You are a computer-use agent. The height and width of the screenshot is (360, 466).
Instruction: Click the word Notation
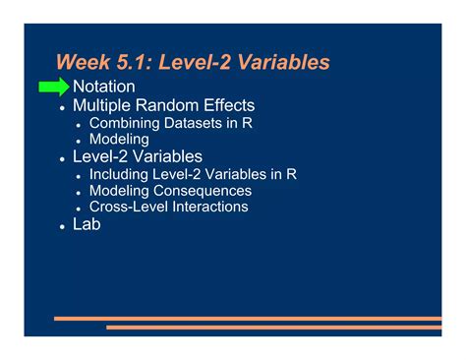[x=104, y=87]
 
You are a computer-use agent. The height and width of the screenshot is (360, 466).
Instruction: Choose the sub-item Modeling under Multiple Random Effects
[x=119, y=140]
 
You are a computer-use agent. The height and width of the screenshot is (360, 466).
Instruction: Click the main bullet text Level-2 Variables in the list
[x=138, y=156]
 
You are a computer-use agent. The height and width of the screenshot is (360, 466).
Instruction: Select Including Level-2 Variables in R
[x=193, y=174]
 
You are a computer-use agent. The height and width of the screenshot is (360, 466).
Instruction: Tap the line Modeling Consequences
[x=170, y=191]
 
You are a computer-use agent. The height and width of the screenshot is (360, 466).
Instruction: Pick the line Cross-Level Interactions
[x=168, y=207]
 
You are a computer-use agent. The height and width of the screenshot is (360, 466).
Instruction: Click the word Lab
[x=87, y=224]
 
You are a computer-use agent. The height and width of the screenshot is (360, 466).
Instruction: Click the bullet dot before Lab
[x=62, y=226]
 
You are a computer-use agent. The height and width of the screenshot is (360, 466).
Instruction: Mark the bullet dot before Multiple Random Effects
[x=62, y=107]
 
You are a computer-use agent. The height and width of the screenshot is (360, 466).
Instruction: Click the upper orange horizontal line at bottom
[x=246, y=318]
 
